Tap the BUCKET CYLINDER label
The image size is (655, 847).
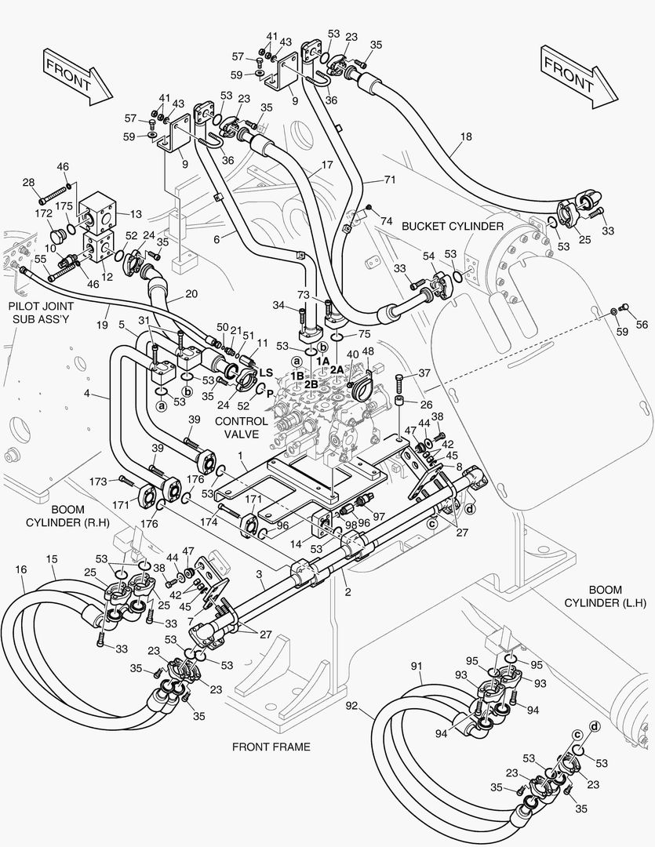pyautogui.click(x=452, y=226)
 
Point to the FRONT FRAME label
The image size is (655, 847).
pyautogui.click(x=271, y=747)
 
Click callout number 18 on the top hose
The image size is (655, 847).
pyautogui.click(x=466, y=136)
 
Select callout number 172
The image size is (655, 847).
pyautogui.click(x=44, y=213)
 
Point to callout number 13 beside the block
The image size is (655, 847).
pyautogui.click(x=136, y=213)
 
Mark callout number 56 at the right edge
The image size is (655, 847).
pyautogui.click(x=642, y=325)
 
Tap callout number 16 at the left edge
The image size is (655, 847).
pyautogui.click(x=20, y=568)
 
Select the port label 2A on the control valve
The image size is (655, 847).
pyautogui.click(x=337, y=369)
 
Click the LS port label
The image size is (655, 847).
pyautogui.click(x=265, y=373)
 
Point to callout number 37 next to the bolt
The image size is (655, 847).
pyautogui.click(x=424, y=373)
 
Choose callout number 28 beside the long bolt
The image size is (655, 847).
pyautogui.click(x=28, y=182)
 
